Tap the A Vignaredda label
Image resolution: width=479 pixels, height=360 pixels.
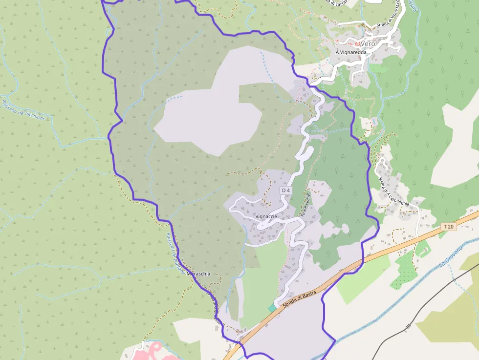click(351, 52)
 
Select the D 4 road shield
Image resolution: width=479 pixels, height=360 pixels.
click(286, 190)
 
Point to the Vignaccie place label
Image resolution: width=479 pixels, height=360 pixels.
click(266, 216)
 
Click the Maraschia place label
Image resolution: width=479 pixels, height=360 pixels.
click(198, 274)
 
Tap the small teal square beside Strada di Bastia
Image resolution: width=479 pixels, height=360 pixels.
click(272, 308)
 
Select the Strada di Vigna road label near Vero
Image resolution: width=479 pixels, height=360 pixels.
click(389, 20)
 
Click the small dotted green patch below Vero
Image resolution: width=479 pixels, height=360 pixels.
click(376, 69)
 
